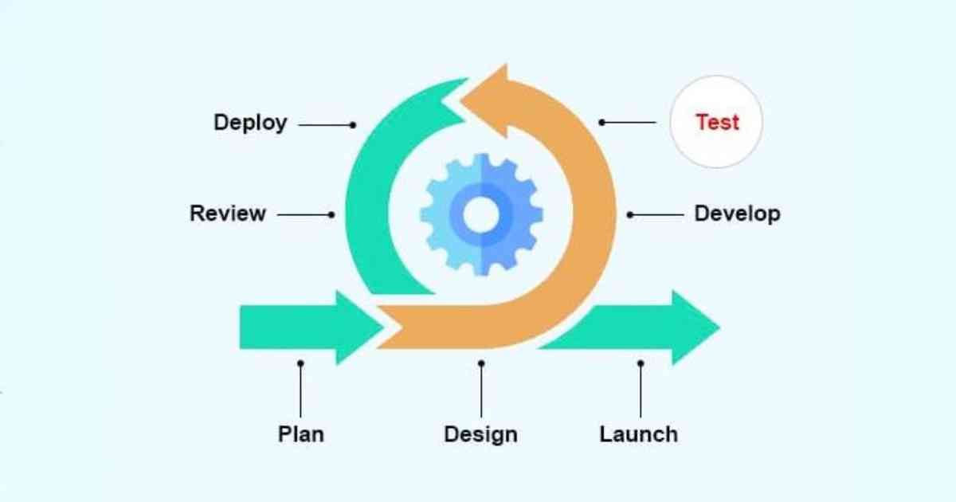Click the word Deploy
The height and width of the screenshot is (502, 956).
(250, 124)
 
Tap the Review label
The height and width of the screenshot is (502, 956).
(228, 214)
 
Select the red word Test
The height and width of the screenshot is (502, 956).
(717, 122)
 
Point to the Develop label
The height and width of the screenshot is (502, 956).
(737, 214)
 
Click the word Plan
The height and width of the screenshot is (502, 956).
(300, 434)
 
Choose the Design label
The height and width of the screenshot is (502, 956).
(480, 434)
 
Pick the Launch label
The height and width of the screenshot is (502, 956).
(638, 434)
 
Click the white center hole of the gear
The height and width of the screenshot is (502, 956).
(480, 214)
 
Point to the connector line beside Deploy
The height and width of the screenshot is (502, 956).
(325, 124)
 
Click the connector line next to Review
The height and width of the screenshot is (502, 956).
(304, 214)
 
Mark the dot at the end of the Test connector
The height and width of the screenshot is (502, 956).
(602, 122)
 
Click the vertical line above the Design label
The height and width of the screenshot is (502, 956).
(481, 390)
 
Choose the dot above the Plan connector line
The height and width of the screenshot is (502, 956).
(300, 363)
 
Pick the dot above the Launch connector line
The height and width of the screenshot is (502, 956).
(641, 363)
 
